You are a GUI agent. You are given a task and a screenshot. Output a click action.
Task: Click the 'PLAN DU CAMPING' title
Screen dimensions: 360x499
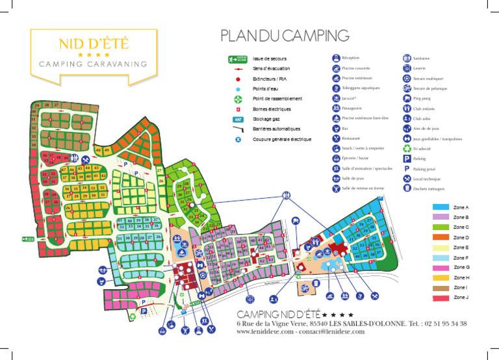(285, 35)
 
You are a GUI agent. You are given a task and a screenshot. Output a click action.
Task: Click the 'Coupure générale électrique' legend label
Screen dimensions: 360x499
(282, 139)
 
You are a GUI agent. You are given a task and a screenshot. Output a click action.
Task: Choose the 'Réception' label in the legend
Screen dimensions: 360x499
(350, 58)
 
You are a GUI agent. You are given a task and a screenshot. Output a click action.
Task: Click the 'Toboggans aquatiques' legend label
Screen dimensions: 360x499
(361, 88)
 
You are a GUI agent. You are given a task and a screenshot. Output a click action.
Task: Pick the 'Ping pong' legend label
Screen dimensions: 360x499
(423, 98)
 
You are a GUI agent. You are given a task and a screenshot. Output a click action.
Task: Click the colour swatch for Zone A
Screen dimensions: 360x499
(440, 207)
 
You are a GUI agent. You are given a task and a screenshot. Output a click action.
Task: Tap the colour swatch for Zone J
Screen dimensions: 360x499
(440, 298)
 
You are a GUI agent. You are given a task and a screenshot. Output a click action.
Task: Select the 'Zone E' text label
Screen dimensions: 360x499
(461, 248)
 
